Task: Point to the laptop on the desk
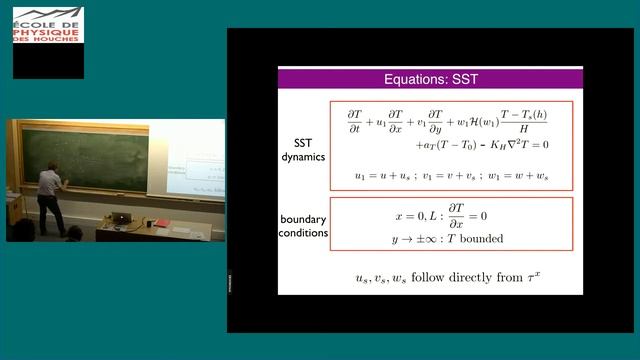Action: [x=121, y=219]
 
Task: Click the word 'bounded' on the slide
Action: [x=479, y=238]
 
